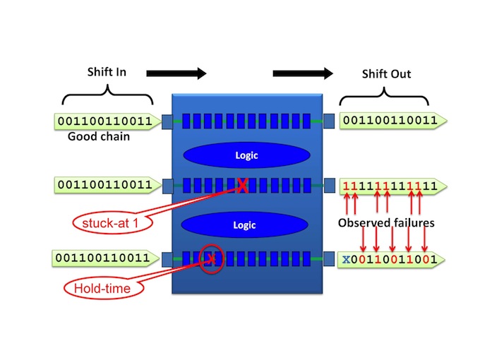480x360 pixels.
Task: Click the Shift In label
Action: point(107,72)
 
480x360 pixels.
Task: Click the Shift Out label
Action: point(386,74)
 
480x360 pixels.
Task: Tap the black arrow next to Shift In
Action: point(176,73)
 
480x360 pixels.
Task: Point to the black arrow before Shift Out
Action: point(303,73)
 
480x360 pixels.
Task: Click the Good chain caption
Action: point(99,136)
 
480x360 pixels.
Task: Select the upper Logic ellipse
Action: point(247,155)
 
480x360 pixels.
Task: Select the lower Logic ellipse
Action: point(244,225)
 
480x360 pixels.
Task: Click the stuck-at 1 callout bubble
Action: point(113,223)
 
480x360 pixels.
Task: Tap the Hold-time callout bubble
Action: point(104,289)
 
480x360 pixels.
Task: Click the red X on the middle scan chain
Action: point(242,186)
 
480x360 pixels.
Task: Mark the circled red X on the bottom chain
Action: point(211,259)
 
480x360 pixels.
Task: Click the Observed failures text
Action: point(386,223)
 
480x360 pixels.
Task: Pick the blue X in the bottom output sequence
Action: point(346,260)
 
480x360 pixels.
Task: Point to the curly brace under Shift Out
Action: point(384,96)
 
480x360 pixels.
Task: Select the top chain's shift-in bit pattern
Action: point(105,121)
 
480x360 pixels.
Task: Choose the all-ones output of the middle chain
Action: point(390,186)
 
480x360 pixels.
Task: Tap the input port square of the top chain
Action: point(167,121)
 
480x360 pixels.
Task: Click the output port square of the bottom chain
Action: point(328,258)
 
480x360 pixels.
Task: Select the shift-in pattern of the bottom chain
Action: point(102,258)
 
